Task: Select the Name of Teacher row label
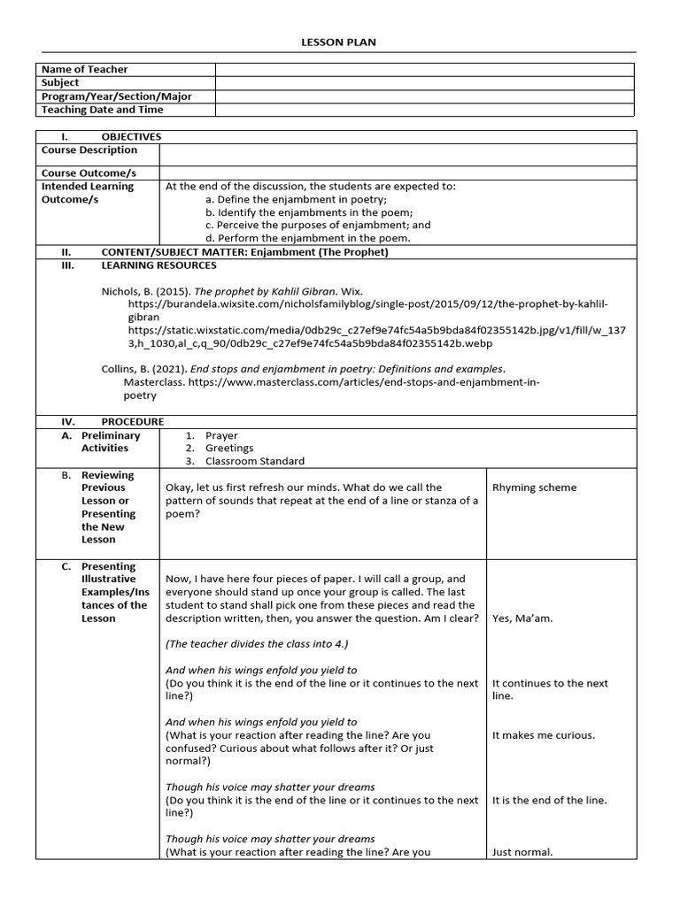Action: coord(84,69)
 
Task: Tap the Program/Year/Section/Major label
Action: coord(115,96)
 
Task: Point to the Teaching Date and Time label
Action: coord(101,110)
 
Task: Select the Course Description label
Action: coord(89,150)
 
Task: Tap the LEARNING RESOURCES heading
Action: coord(158,265)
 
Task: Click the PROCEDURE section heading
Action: coord(133,422)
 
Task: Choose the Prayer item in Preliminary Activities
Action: coord(221,435)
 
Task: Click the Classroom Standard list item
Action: coord(254,461)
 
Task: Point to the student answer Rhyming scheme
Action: coord(534,488)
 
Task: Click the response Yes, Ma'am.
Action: coord(522,618)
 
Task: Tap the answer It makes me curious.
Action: coord(544,735)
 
